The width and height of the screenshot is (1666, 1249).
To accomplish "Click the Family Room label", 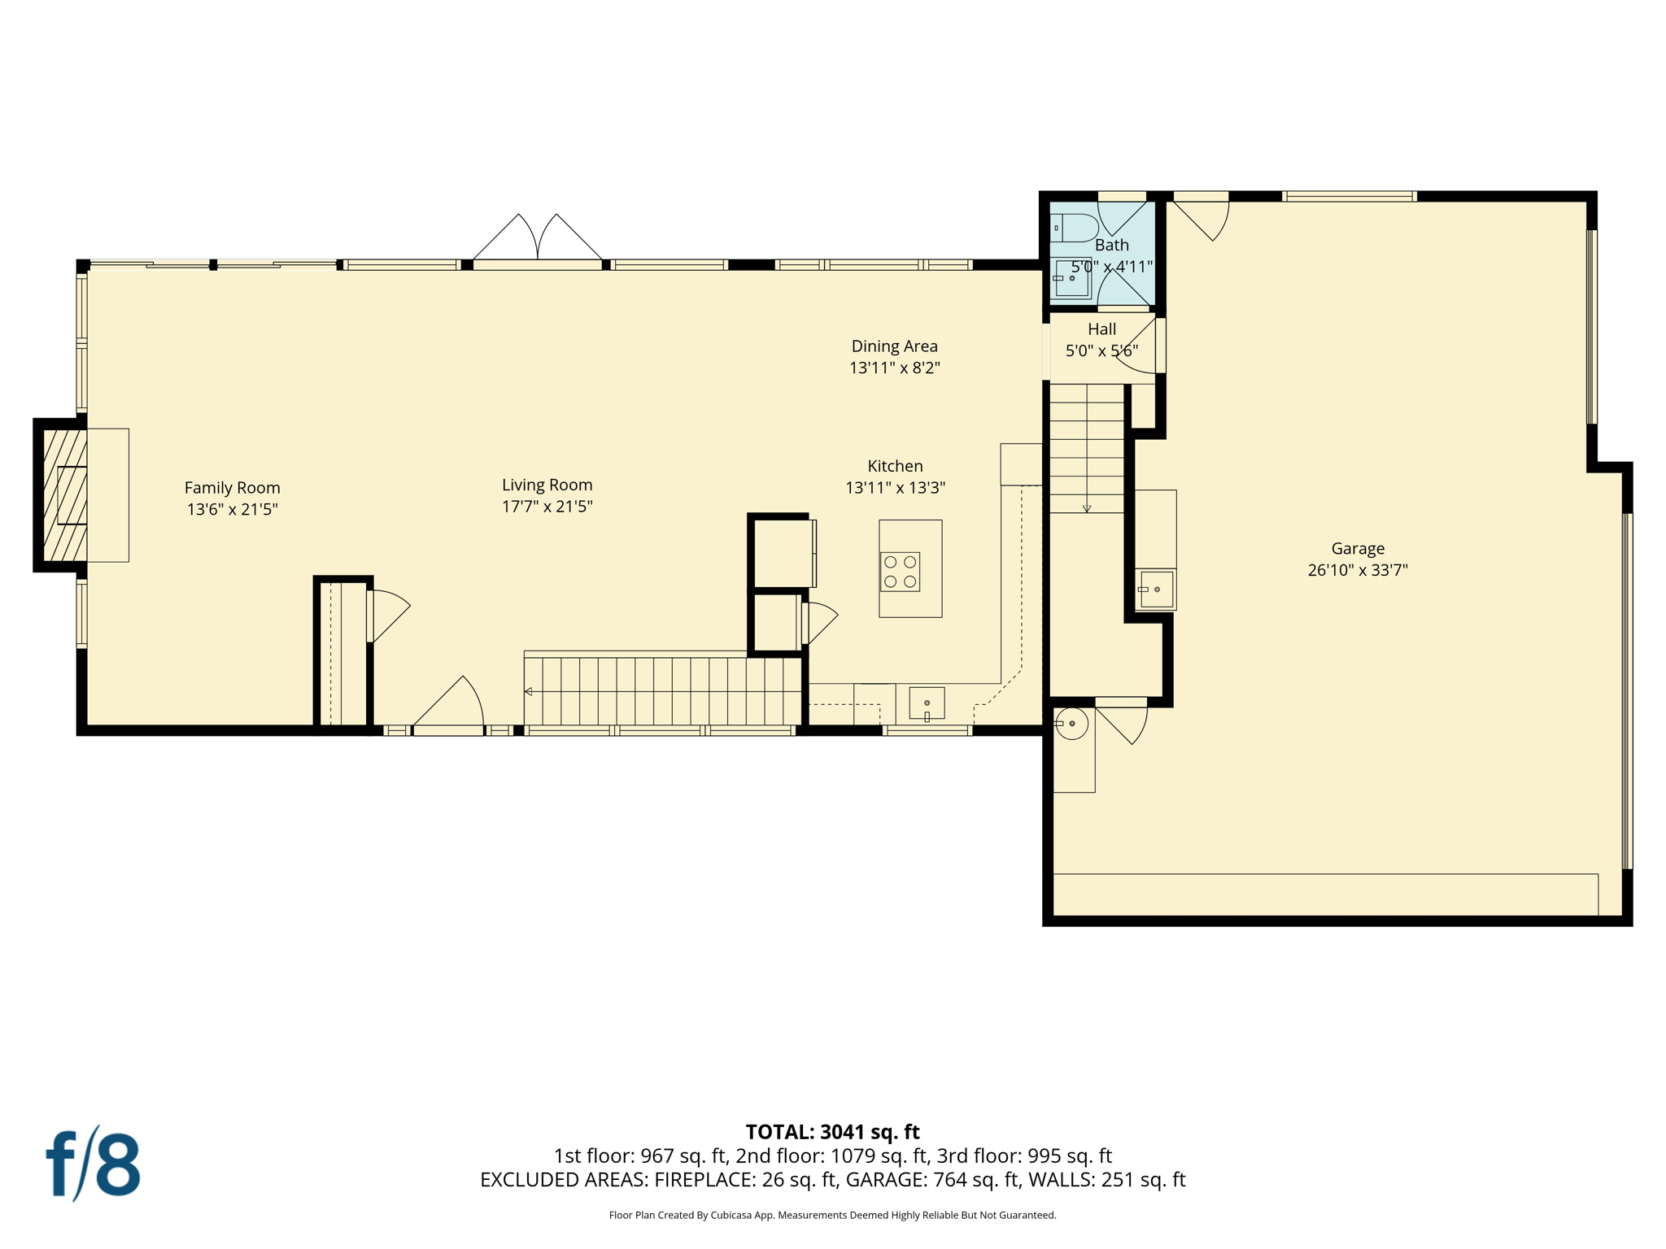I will click(232, 488).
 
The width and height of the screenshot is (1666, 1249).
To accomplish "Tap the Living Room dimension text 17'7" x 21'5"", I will click(547, 507).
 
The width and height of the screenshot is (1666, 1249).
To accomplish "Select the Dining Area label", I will click(894, 346).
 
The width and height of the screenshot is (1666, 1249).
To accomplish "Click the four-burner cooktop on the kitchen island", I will click(900, 572).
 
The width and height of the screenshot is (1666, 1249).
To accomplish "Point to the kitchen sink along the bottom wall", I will click(927, 703).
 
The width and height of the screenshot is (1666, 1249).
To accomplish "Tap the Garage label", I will click(1357, 549).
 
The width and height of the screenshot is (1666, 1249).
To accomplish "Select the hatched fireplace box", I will click(64, 494).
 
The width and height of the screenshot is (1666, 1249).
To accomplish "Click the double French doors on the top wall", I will click(538, 240).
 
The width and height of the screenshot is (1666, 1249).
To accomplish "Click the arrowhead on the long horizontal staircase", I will click(529, 691).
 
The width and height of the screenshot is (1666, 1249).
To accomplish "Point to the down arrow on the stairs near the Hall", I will click(1087, 508).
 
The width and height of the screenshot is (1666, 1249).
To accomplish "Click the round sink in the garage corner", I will click(1071, 723).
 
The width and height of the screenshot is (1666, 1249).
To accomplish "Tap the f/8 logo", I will click(93, 1164).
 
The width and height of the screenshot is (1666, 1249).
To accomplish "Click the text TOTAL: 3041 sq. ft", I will click(832, 1132).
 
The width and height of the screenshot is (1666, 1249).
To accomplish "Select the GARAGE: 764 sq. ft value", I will click(932, 1180).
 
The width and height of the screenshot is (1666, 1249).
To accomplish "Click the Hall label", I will click(1101, 329).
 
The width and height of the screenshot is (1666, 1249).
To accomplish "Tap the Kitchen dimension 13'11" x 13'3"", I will click(895, 488).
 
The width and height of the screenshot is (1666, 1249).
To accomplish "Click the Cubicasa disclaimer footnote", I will click(832, 1215).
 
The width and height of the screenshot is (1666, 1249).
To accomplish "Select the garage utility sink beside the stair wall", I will click(1155, 589).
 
